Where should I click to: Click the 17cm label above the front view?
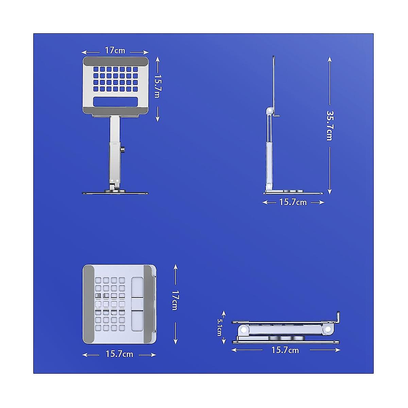pos(115,51)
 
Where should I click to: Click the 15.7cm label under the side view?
pos(293,202)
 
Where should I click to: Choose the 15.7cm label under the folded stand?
pos(285,350)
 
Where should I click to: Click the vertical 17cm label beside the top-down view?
pos(175,300)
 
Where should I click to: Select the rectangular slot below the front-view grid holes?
pos(115,102)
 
